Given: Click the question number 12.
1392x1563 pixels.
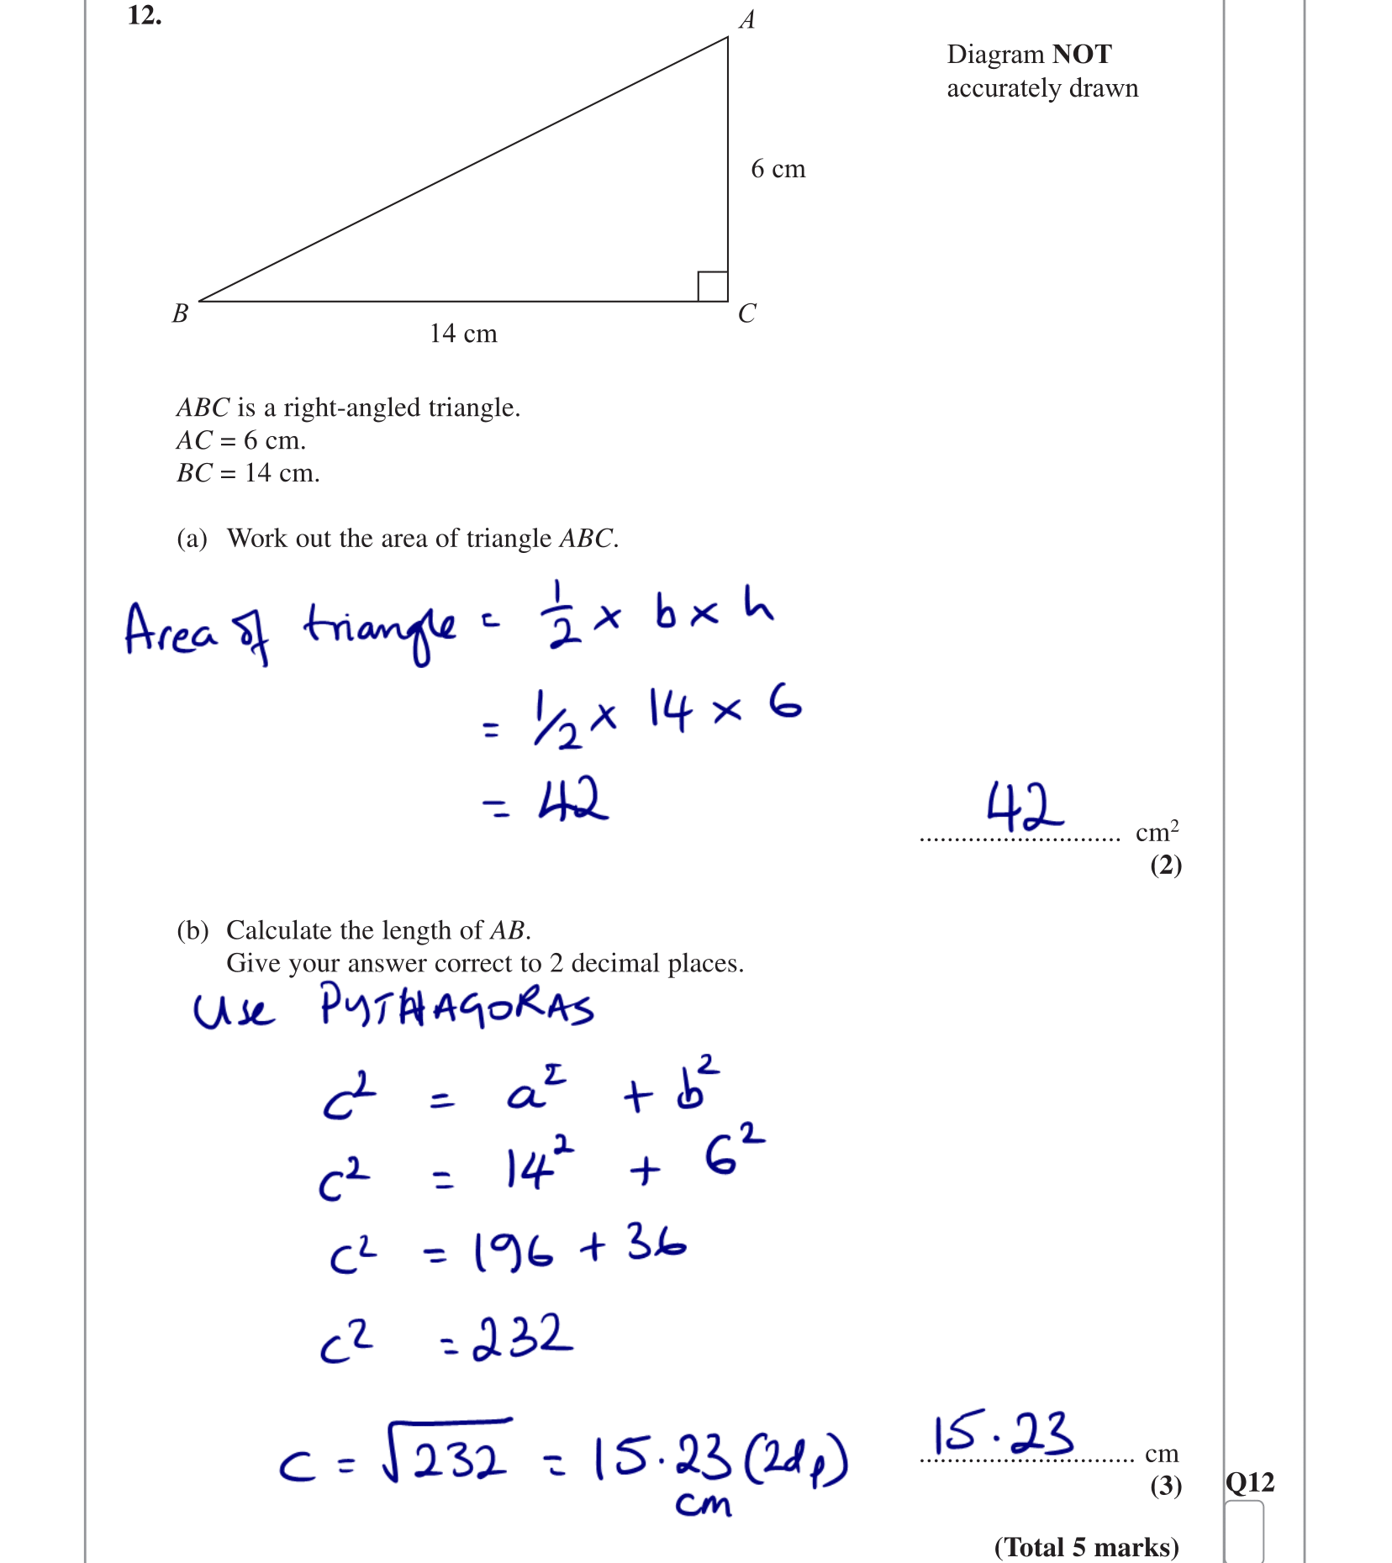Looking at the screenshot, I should pos(145,15).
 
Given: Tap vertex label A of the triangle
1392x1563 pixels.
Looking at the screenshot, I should pos(746,20).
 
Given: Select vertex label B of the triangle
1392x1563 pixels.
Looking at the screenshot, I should pos(180,313).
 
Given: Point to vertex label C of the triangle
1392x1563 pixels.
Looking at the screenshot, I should pos(746,313).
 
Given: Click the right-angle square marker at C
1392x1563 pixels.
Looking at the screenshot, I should pos(713,287).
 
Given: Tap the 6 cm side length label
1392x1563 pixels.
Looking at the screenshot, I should pos(778,169).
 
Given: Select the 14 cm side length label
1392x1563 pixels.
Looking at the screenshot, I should pos(463,334).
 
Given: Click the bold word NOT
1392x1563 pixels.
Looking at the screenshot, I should pos(1082,55).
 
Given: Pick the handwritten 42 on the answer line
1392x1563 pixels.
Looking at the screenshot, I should pos(1024,807).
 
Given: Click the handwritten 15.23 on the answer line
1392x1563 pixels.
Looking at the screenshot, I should pos(1003,1434).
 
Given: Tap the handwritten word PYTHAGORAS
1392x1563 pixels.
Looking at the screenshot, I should pos(456,1006).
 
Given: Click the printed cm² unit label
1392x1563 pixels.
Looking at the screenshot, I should pos(1157,831).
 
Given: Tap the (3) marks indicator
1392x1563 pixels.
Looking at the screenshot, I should pos(1166,1486).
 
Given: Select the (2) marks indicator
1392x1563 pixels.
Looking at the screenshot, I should pos(1166,865).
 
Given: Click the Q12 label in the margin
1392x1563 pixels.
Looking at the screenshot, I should pos(1249,1482).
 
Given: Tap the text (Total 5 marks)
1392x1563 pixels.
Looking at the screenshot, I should pos(1086,1547).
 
